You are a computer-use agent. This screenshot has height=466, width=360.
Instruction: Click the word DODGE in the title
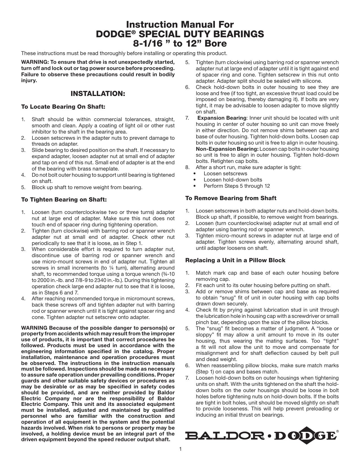pyautogui.click(x=113, y=34)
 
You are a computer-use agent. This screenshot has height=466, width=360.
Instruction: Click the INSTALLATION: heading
pyautogui.click(x=98, y=93)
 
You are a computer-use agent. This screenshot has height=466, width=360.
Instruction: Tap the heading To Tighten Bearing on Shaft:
pyautogui.click(x=64, y=200)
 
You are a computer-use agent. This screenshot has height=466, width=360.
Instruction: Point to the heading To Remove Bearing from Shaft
pyautogui.click(x=231, y=198)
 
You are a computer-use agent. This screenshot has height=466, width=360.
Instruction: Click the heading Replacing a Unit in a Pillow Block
pyautogui.click(x=235, y=260)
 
